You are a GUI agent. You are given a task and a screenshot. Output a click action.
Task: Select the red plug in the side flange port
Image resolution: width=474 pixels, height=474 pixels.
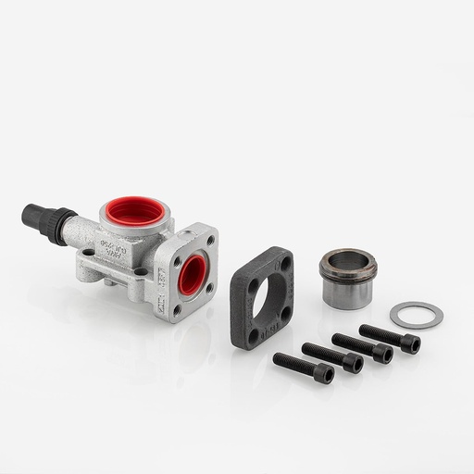pyautogui.click(x=193, y=274)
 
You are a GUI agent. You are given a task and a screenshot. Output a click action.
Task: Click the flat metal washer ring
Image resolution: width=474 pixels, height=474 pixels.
pyautogui.click(x=416, y=315)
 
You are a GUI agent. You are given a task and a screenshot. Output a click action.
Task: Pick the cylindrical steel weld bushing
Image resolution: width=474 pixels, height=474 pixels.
pyautogui.click(x=347, y=278)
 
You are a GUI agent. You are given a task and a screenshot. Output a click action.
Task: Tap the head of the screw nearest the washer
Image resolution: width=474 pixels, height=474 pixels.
pyautogui.click(x=409, y=343)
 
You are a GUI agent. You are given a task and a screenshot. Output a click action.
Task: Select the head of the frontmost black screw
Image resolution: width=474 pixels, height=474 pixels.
pyautogui.click(x=323, y=373)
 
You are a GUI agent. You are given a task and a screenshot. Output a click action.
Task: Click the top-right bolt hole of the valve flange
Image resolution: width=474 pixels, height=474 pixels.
pyautogui.click(x=210, y=242)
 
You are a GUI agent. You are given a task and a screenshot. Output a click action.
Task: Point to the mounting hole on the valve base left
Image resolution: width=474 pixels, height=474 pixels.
pyautogui.click(x=88, y=251)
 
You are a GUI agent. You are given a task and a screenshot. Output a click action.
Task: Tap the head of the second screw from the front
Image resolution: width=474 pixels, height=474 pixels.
pyautogui.click(x=353, y=363)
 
